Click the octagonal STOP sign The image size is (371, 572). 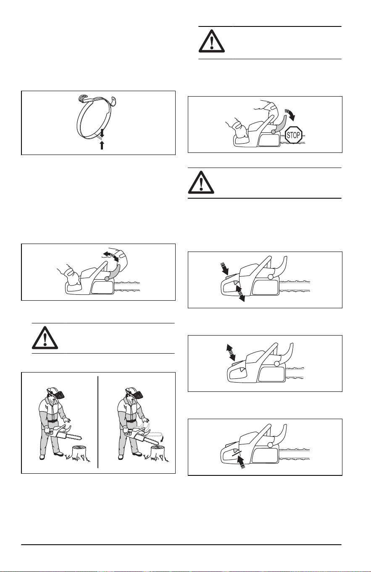pyautogui.click(x=293, y=134)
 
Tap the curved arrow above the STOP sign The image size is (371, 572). pyautogui.click(x=291, y=114)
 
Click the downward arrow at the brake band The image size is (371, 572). pyautogui.click(x=102, y=133)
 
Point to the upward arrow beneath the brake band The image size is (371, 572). pyautogui.click(x=102, y=145)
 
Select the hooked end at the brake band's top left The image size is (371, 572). pyautogui.click(x=82, y=98)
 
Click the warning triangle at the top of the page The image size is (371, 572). pyautogui.click(x=212, y=41)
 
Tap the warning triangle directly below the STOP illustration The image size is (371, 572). pyautogui.click(x=201, y=182)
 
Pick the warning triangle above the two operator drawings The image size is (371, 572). pyautogui.click(x=45, y=337)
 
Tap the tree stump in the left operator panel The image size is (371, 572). pyautogui.click(x=81, y=452)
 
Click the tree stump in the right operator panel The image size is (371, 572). pyautogui.click(x=159, y=452)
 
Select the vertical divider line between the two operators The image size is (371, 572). pyautogui.click(x=98, y=422)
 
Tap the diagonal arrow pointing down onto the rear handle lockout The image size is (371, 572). pyautogui.click(x=225, y=268)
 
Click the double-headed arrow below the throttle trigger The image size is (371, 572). pyautogui.click(x=240, y=294)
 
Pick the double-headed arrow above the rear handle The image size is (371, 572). pyautogui.click(x=231, y=352)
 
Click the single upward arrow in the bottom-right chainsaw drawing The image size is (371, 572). pyautogui.click(x=240, y=462)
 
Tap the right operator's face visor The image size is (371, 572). pyautogui.click(x=139, y=396)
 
